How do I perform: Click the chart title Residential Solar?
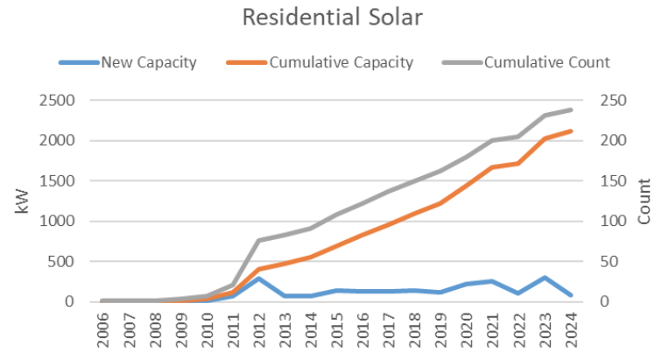coord(330,18)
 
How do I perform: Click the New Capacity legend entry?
coord(147,62)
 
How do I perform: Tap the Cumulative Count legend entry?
coord(546,62)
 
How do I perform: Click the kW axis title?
coord(24,200)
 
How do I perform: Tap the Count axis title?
coord(644,200)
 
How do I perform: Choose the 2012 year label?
coord(258,331)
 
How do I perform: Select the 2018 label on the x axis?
coord(415,331)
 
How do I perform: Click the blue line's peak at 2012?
coord(258,279)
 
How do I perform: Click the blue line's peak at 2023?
coord(546,278)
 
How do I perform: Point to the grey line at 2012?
coord(258,240)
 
